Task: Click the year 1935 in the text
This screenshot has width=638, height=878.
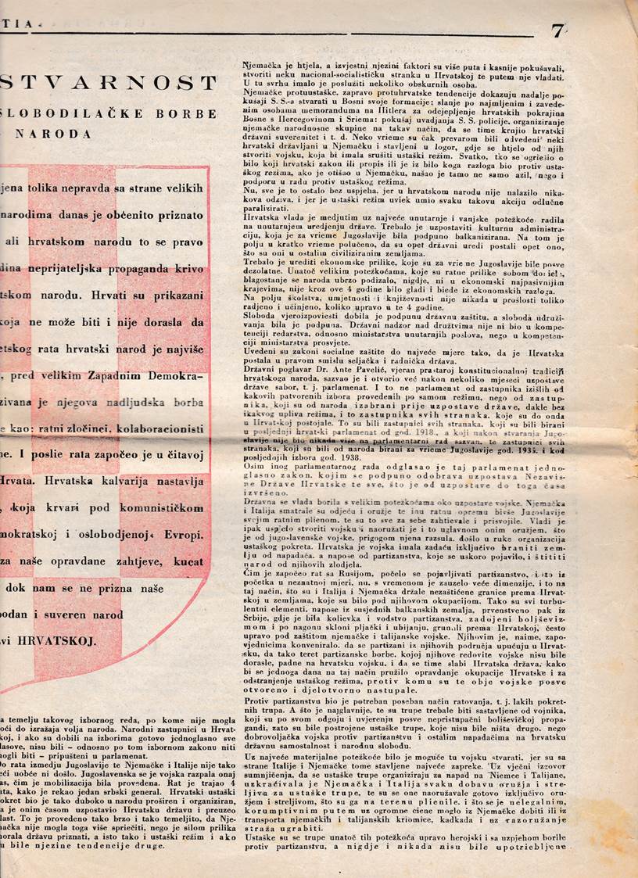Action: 550,450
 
